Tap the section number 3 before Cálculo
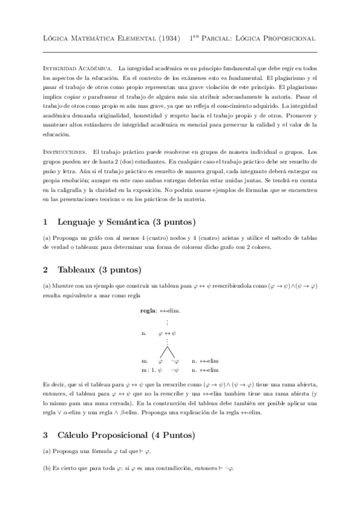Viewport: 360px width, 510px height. point(46,434)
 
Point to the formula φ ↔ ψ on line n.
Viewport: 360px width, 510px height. point(167,332)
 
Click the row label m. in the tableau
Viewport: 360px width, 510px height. point(144,361)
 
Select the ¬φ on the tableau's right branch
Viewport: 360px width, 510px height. point(175,361)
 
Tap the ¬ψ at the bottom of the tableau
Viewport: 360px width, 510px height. point(175,370)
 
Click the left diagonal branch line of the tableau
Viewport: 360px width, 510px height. point(162,352)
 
